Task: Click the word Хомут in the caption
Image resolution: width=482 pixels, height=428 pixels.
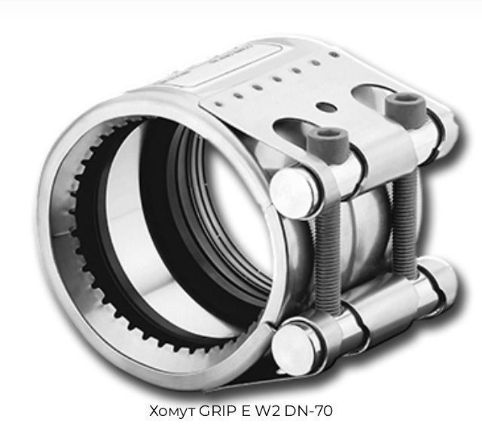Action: [172, 411]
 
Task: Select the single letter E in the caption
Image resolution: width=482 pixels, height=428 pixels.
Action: [246, 411]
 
